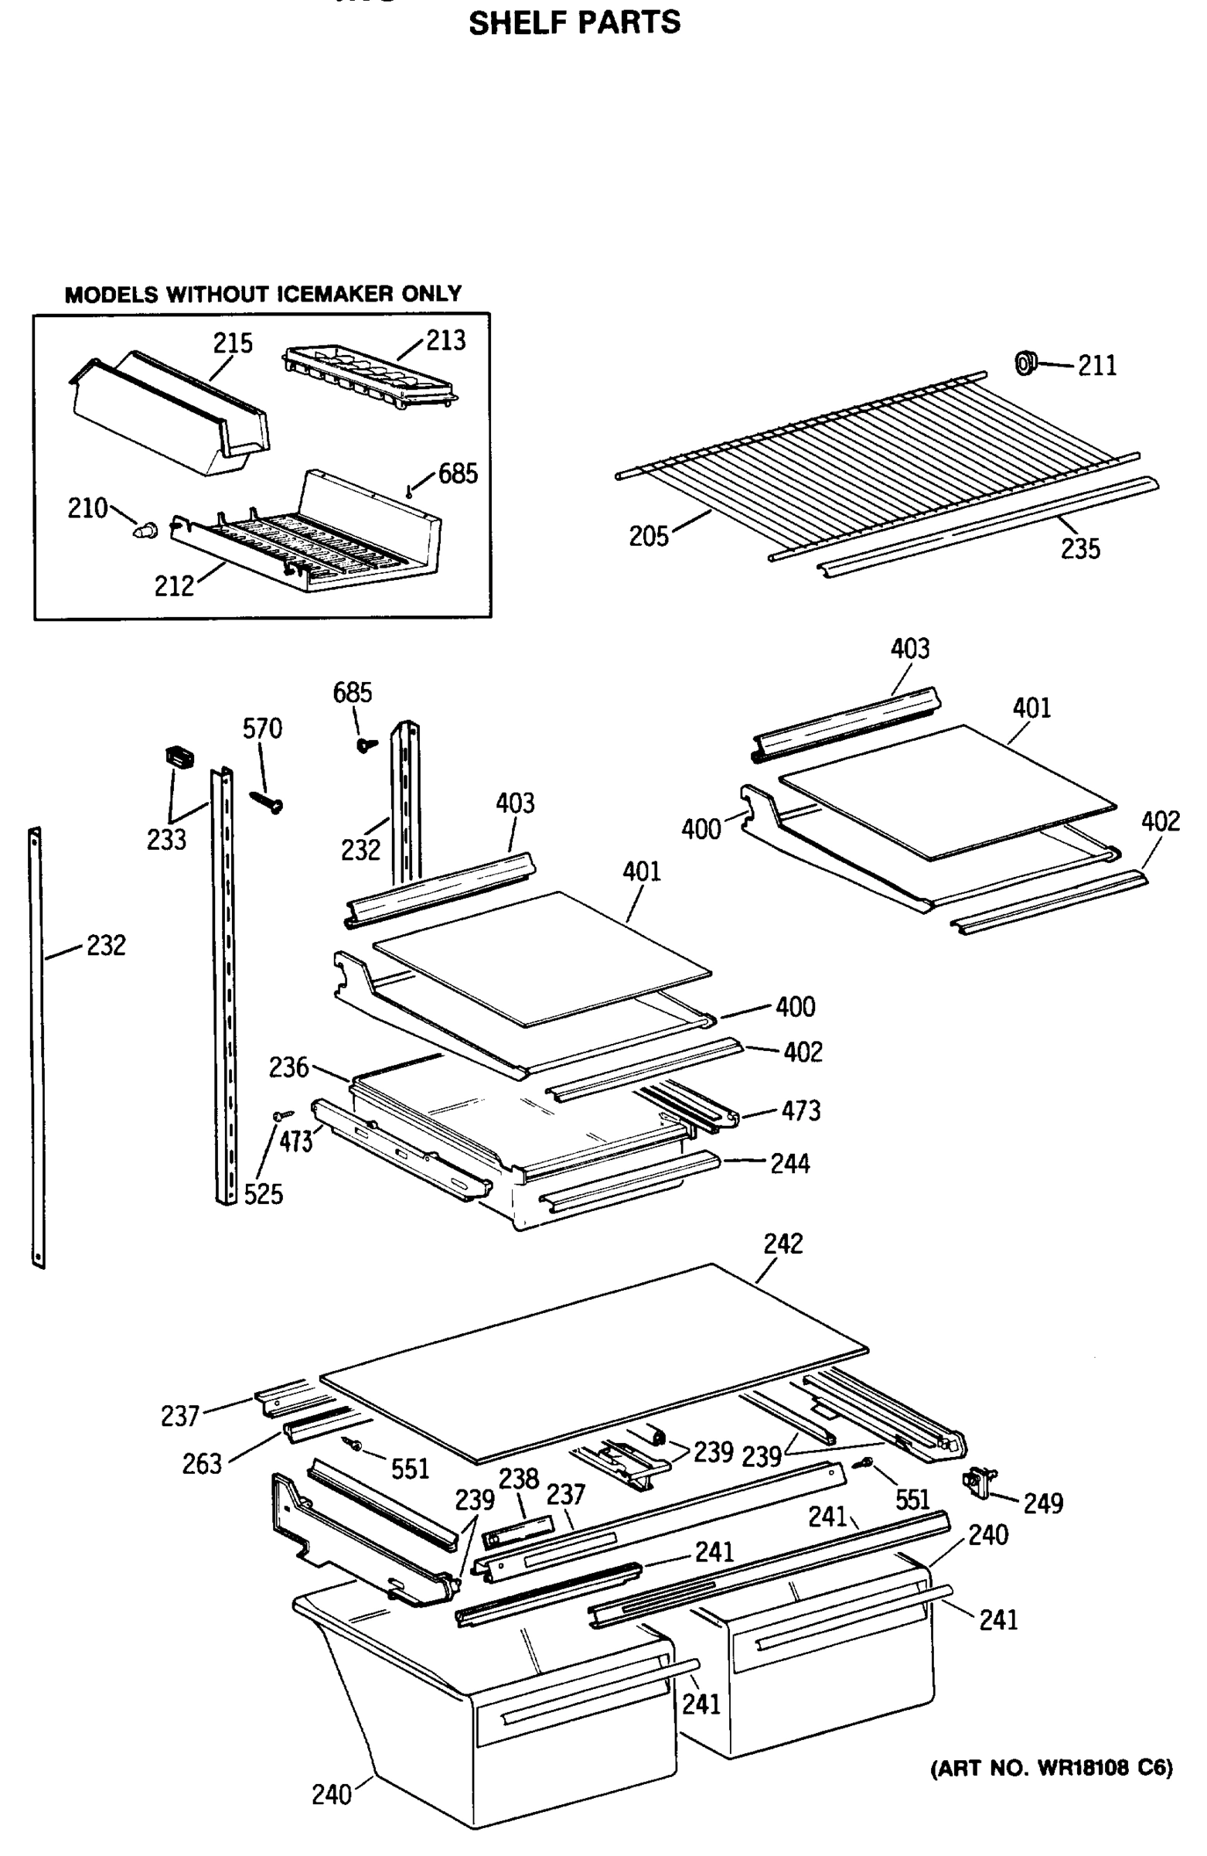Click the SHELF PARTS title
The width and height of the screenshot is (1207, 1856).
click(574, 22)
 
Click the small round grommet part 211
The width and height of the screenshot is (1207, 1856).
click(1025, 362)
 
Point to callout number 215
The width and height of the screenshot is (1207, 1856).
click(234, 343)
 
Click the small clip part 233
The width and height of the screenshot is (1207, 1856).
click(179, 756)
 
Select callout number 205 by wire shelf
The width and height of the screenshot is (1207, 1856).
click(649, 537)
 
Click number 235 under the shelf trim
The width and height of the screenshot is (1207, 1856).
click(1080, 549)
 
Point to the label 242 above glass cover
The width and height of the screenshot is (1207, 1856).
click(783, 1244)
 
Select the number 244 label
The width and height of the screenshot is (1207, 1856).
click(790, 1165)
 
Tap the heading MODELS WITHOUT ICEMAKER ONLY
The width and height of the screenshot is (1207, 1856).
click(263, 294)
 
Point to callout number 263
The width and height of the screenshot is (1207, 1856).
click(202, 1465)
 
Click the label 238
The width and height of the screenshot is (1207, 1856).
click(519, 1478)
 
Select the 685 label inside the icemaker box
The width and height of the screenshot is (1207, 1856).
click(458, 473)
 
